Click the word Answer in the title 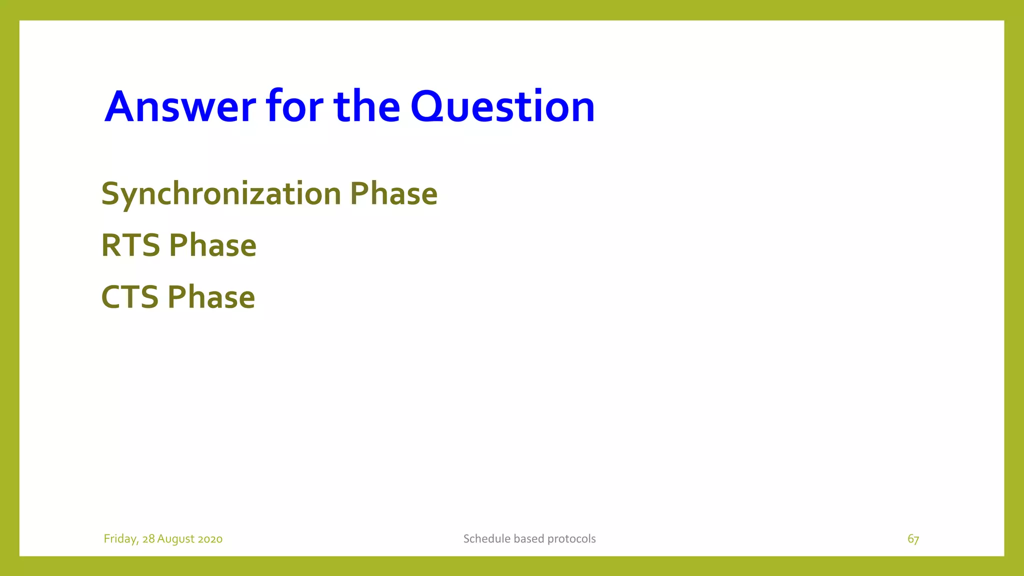point(180,106)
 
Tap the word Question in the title point(502,106)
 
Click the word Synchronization point(221,194)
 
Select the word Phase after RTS point(212,245)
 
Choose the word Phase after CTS point(211,297)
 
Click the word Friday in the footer point(120,539)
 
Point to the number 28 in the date point(148,539)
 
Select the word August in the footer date point(176,539)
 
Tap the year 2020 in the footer point(210,539)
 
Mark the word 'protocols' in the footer point(571,539)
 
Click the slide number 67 point(913,539)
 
